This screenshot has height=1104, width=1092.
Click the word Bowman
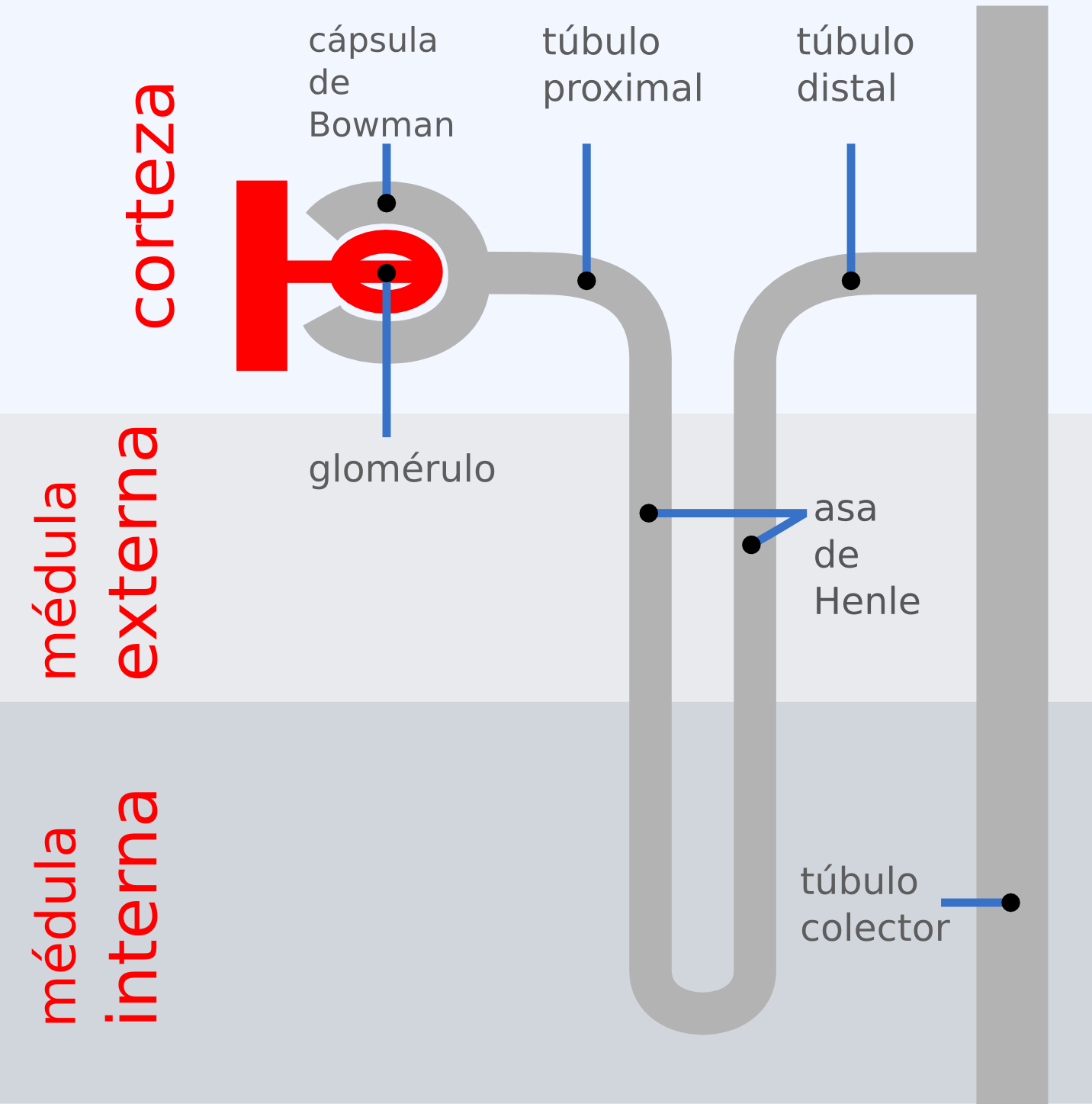click(381, 125)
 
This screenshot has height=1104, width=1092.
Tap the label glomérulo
click(402, 469)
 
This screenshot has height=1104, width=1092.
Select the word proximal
click(622, 89)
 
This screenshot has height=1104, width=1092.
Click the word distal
click(846, 89)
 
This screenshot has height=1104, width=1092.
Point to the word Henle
click(867, 602)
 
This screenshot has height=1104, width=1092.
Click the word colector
click(875, 929)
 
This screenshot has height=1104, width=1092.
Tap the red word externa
click(139, 552)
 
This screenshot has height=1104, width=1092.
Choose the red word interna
click(139, 906)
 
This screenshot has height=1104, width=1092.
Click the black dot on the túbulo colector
click(1010, 903)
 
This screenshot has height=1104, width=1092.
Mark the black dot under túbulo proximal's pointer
click(586, 281)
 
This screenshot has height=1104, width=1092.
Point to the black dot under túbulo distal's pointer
click(851, 281)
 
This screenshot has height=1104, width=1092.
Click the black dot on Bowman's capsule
click(387, 203)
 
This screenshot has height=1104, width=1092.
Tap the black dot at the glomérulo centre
click(387, 272)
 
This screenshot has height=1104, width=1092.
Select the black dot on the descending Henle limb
click(649, 513)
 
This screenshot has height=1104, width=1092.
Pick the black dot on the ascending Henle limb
click(751, 545)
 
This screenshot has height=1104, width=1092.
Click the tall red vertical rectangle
click(262, 275)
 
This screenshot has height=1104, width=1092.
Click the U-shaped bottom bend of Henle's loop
click(702, 1012)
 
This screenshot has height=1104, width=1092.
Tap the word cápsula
click(373, 41)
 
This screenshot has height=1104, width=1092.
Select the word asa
click(845, 510)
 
